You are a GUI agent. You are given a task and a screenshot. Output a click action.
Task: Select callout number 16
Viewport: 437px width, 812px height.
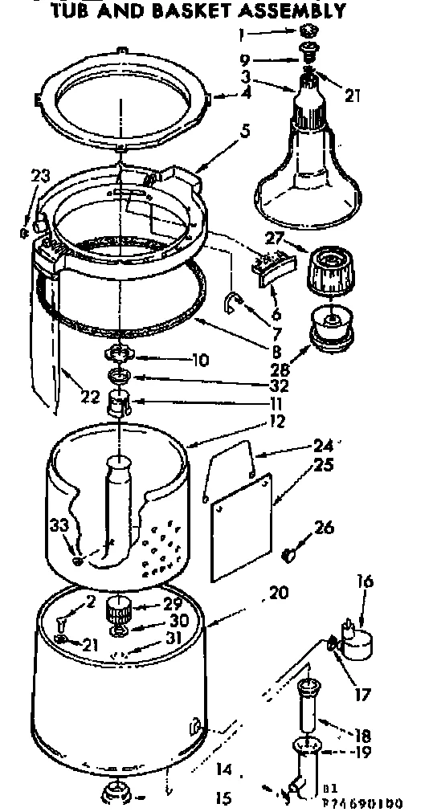pos(366,581)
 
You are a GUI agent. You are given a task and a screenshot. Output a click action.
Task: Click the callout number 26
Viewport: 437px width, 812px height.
pos(324,528)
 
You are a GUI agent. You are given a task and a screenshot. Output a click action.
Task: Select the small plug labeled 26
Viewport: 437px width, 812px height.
pos(291,553)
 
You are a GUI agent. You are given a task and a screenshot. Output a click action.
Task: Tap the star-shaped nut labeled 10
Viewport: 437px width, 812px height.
pos(118,354)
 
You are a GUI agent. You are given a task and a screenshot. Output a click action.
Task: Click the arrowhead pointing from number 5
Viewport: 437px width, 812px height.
pos(194,170)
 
